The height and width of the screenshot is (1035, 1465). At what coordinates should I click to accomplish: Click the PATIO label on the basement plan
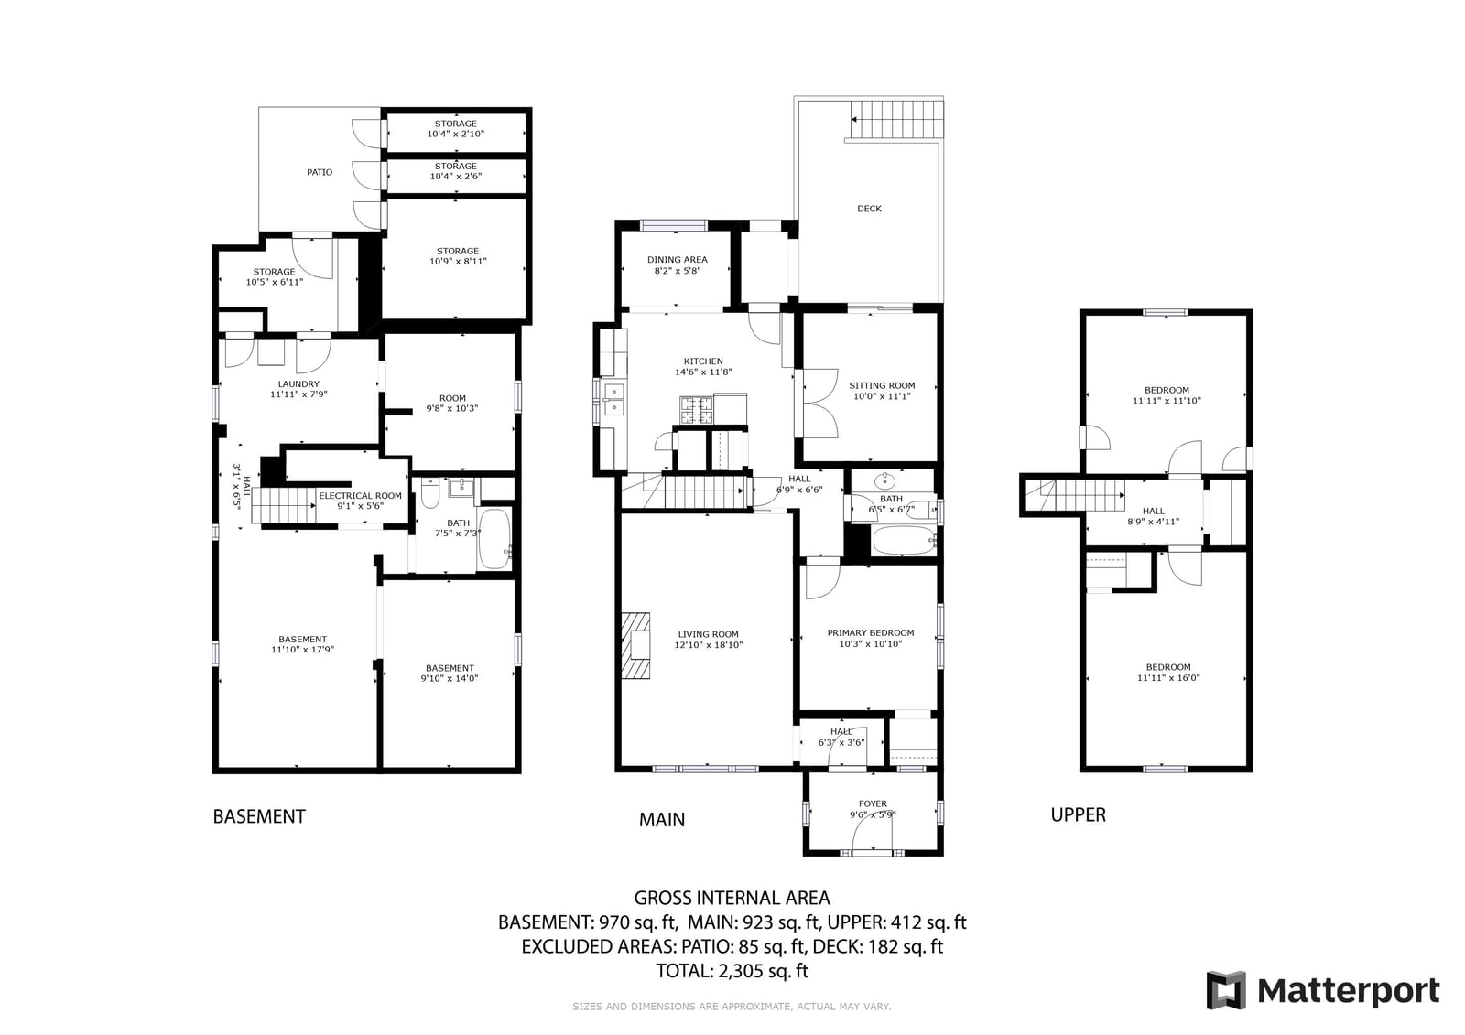click(320, 173)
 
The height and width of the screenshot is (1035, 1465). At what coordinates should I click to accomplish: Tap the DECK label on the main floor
click(869, 209)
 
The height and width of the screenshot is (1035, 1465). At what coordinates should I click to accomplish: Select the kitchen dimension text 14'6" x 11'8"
click(703, 372)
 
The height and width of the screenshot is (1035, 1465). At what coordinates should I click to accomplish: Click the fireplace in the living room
click(635, 645)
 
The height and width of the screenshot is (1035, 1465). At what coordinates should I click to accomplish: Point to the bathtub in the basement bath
click(494, 539)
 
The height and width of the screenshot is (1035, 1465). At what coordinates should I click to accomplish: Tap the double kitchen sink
click(614, 400)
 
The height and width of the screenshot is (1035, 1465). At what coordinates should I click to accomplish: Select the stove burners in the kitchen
click(697, 411)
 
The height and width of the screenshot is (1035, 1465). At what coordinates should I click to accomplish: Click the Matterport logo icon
click(1226, 990)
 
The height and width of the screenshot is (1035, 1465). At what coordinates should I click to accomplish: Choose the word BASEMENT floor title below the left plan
click(259, 816)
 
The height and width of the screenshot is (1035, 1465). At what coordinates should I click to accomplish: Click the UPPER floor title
click(1078, 814)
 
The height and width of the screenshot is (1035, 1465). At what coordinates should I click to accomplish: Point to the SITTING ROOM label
click(882, 386)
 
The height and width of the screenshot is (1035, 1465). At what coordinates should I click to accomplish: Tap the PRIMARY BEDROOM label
click(871, 633)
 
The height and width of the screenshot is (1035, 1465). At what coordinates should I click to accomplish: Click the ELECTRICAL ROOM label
click(361, 496)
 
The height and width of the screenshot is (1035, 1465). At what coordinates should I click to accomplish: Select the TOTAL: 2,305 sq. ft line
click(732, 971)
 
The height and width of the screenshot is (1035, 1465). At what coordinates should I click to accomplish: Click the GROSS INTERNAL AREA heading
click(732, 898)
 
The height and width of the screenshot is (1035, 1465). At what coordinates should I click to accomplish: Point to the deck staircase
click(897, 119)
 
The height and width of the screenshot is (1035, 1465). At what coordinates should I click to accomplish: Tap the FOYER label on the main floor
click(874, 803)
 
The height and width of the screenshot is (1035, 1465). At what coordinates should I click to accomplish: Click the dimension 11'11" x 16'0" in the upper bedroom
click(1168, 678)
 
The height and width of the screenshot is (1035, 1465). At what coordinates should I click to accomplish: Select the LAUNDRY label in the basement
click(298, 383)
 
